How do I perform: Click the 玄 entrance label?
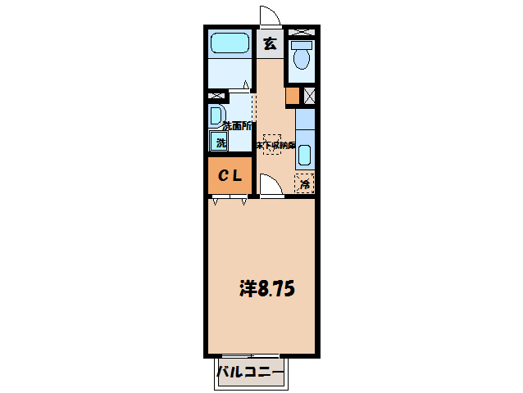(x=270, y=44)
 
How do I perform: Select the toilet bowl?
(x=301, y=59)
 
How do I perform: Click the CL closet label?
(x=229, y=175)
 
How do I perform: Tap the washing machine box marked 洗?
(x=220, y=143)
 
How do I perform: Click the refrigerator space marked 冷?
(x=304, y=183)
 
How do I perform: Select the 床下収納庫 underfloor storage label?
(x=273, y=145)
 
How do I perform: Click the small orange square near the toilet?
(x=293, y=96)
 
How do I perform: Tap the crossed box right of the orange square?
(x=309, y=96)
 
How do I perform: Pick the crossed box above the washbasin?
(x=216, y=96)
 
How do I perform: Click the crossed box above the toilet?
(x=302, y=31)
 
